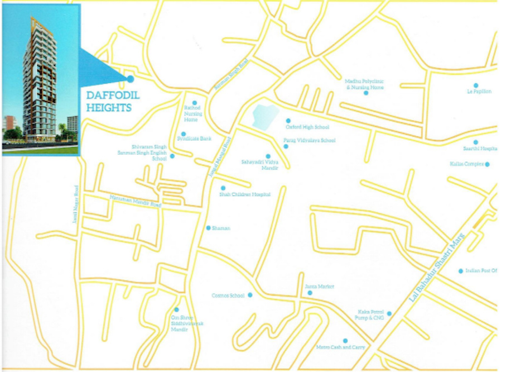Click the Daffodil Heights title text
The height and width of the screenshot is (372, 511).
(x=113, y=101)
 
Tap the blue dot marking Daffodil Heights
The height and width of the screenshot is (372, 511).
(x=131, y=79)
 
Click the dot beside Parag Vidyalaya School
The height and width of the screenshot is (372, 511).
(x=286, y=146)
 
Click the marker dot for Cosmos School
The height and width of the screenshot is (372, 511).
(x=250, y=295)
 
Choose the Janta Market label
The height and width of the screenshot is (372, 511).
(x=319, y=287)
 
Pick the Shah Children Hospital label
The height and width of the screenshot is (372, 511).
(x=244, y=194)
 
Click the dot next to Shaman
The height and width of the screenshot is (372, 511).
(x=209, y=228)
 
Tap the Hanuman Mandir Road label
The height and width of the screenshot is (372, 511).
(x=135, y=202)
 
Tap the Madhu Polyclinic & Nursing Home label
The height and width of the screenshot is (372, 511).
(x=365, y=84)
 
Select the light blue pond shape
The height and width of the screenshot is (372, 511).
(x=265, y=117)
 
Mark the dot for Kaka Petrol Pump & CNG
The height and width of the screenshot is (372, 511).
(x=389, y=314)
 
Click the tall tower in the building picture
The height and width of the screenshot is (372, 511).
(x=39, y=78)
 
